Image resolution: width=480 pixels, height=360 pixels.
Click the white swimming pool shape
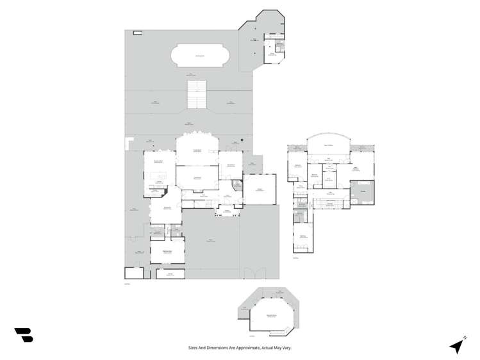coord(200,56)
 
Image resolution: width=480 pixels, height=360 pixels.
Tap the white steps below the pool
coord(197,94)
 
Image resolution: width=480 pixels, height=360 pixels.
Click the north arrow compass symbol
coord(456,347)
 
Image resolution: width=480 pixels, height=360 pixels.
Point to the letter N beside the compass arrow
coord(464,338)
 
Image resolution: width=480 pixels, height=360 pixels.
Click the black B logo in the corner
coord(24,334)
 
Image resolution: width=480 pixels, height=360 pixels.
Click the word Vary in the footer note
coord(286,348)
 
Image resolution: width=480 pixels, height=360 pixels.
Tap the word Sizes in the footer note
coord(194,348)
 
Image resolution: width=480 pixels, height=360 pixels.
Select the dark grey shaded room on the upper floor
coord(362,192)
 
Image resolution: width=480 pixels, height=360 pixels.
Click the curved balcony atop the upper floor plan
coord(328,145)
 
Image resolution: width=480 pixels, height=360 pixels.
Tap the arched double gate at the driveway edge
coord(253,274)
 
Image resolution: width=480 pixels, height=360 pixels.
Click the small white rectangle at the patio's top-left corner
coord(137,33)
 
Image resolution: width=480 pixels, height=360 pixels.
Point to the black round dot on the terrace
coord(242,140)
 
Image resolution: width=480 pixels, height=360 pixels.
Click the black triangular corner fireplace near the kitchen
coord(165,190)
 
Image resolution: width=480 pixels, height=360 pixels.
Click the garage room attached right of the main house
coord(260,189)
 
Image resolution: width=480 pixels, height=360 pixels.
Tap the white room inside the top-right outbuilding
coord(272,55)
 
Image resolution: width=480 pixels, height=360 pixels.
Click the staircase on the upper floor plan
coord(329,204)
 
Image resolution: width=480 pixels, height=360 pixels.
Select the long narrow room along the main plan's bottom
coord(170,274)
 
